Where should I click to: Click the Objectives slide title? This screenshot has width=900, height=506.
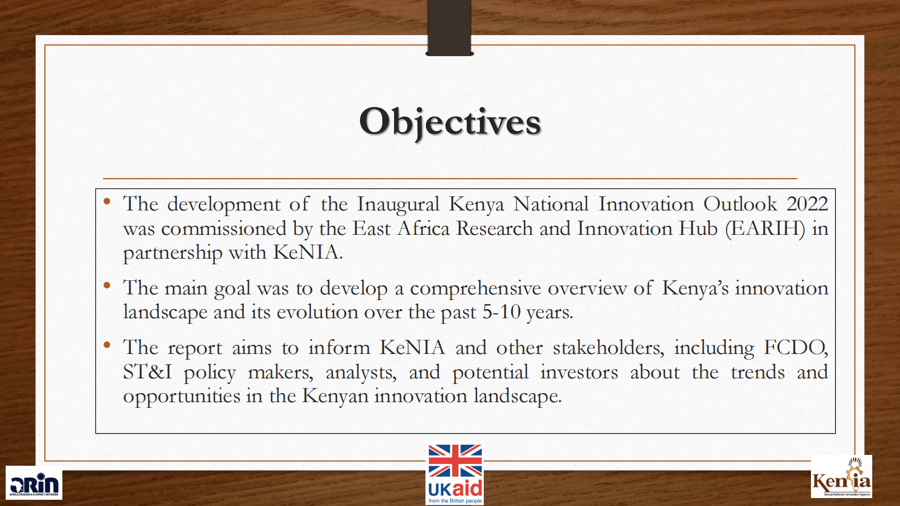(450, 123)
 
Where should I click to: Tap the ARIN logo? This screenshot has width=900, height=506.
(34, 483)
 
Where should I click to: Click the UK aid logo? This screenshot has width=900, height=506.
(455, 474)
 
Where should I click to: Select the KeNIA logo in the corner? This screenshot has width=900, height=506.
(842, 477)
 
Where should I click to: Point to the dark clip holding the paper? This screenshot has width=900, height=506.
(449, 28)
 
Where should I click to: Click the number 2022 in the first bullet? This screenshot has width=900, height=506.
(807, 204)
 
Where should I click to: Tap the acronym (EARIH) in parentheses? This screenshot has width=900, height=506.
(765, 229)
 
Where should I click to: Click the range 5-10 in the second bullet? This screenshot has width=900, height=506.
(501, 312)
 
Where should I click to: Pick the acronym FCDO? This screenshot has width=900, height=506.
(795, 348)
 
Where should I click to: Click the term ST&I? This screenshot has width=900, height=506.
(147, 372)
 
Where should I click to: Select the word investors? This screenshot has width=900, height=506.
(579, 372)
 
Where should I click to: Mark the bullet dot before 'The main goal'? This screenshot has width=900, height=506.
(107, 286)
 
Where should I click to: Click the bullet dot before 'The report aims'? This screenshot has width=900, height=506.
(107, 345)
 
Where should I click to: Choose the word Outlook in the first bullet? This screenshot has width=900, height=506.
(740, 204)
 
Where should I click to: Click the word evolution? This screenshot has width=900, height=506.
(318, 313)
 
